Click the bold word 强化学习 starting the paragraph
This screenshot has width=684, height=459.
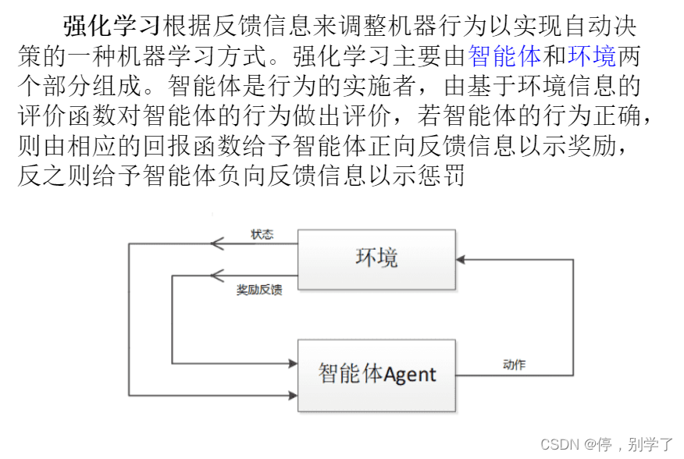tap(111, 26)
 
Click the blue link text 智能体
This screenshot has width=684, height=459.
tap(504, 55)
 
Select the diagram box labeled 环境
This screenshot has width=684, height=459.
tap(376, 259)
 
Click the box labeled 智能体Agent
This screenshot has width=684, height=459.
tap(376, 375)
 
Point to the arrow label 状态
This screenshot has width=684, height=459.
tap(262, 234)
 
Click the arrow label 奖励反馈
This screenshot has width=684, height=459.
tap(259, 290)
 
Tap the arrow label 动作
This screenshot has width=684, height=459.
tap(514, 365)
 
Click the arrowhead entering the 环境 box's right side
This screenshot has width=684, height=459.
tap(462, 259)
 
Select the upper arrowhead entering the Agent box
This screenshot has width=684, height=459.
tap(292, 363)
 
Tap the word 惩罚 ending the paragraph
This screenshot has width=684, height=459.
tap(446, 176)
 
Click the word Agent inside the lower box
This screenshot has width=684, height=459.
tap(410, 375)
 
